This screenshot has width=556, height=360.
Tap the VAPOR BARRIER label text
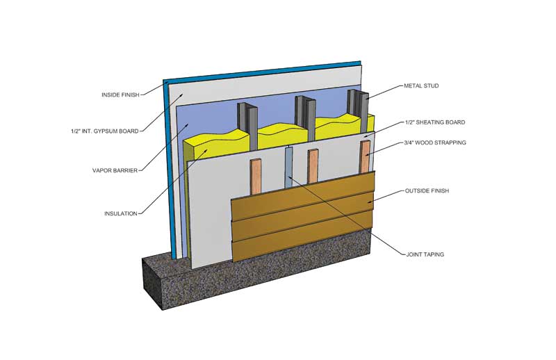point(112,170)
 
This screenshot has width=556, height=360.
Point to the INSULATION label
point(121,213)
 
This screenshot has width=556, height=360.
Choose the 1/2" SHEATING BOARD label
point(434,122)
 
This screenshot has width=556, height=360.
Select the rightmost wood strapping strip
point(366,156)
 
